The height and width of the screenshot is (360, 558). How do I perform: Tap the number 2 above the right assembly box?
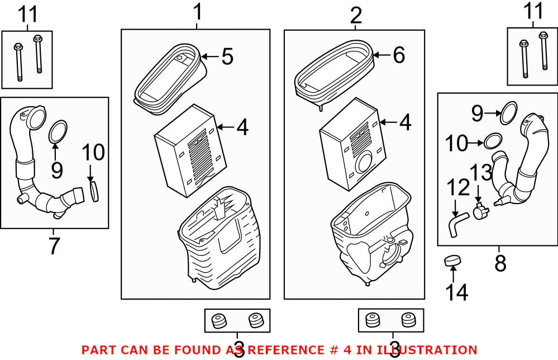[x=356, y=16]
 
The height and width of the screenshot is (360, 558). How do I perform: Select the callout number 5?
[x=227, y=56]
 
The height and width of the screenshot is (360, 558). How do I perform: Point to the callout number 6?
[x=399, y=55]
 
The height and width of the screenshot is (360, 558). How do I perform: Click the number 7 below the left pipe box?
[x=54, y=246]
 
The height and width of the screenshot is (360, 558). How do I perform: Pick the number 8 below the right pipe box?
[x=500, y=263]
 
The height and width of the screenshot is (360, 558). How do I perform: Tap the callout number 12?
[x=459, y=188]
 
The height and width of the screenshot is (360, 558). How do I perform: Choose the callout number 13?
[x=481, y=173]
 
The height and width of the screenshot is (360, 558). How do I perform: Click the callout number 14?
[x=457, y=292]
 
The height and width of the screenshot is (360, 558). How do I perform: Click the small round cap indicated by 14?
[x=452, y=260]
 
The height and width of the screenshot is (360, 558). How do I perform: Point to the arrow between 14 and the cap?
[x=452, y=275]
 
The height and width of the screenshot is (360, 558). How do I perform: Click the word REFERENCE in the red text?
[x=286, y=350]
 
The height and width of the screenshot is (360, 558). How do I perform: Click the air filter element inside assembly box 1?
[x=190, y=150]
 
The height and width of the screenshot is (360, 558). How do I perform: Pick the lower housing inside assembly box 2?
[x=371, y=234]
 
